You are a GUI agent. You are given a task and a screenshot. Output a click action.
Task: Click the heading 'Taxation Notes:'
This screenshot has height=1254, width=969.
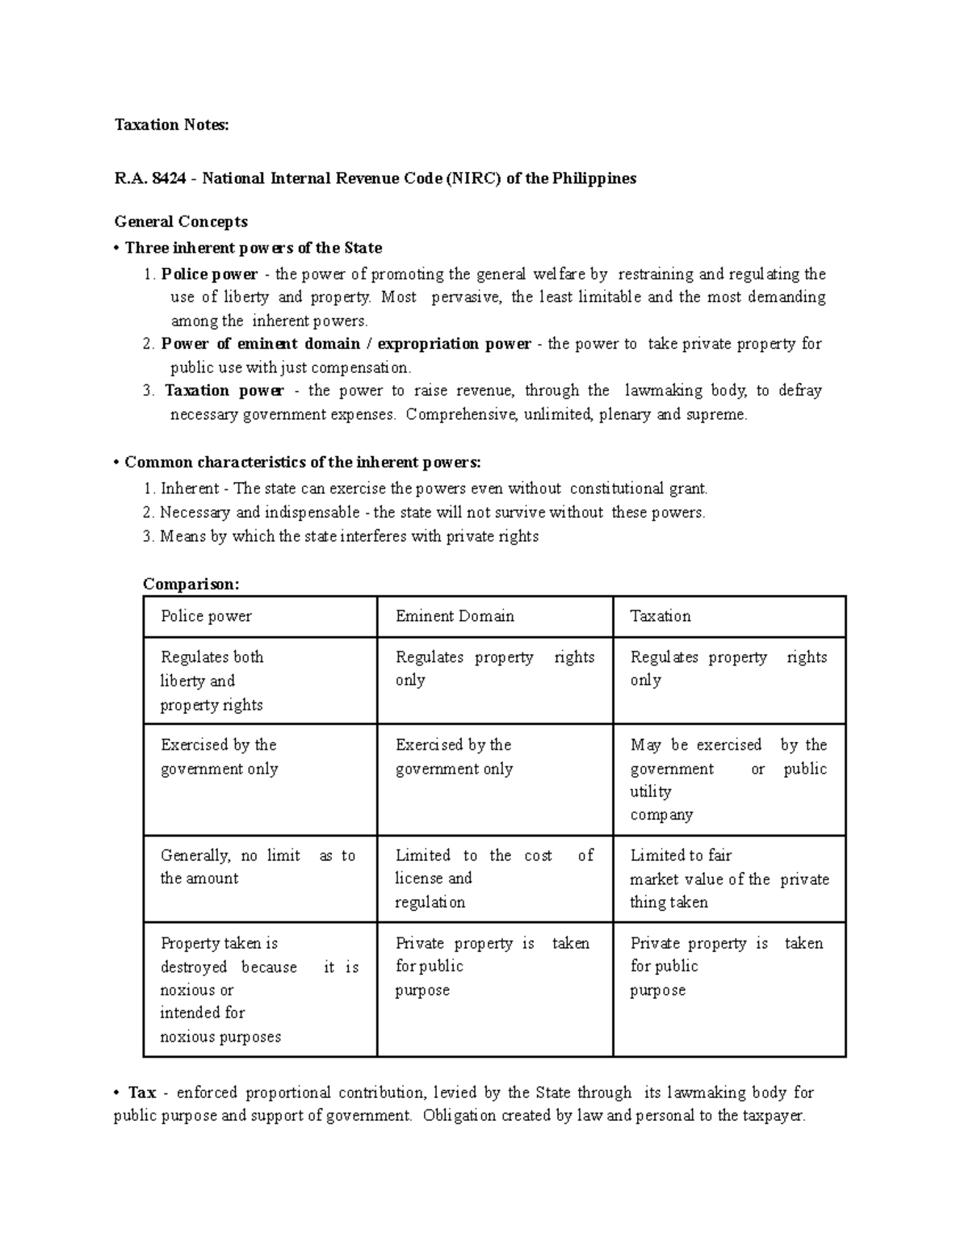coord(171,124)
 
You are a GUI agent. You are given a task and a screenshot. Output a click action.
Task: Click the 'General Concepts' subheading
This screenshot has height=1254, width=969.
coord(181,221)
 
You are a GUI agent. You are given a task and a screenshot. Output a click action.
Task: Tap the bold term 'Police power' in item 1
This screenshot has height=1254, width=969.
coord(209,274)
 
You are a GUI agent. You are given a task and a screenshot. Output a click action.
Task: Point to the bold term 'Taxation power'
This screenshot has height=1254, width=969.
coord(224,391)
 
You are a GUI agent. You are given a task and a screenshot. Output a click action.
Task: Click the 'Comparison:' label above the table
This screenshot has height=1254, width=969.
coord(191,584)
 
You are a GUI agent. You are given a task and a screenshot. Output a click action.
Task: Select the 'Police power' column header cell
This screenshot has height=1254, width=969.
coord(260,617)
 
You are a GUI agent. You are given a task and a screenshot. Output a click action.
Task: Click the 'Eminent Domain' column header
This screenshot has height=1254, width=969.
coord(494,617)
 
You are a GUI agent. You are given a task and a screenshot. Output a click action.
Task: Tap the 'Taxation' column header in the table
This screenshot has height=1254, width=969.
coord(729,617)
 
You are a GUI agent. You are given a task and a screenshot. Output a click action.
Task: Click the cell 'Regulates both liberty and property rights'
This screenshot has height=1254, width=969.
coord(260,681)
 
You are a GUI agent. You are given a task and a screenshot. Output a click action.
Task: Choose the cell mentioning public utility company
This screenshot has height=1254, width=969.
coord(729,779)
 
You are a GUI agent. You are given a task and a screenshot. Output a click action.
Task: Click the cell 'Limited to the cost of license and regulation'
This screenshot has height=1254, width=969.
coord(494,879)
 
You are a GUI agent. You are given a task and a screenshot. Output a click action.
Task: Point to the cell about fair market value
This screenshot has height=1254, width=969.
coord(729,879)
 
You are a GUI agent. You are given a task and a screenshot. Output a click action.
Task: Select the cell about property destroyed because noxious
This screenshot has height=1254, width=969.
coord(260,989)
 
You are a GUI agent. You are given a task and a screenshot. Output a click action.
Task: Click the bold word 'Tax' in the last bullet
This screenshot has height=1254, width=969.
coord(142,1093)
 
